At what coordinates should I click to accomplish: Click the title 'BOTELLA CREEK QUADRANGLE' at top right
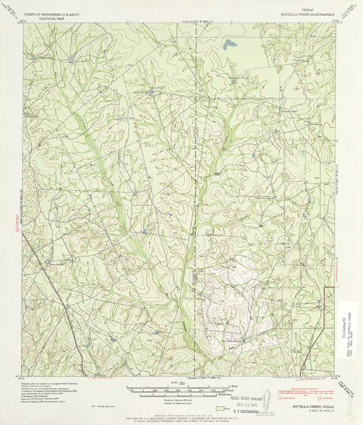[307, 13]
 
